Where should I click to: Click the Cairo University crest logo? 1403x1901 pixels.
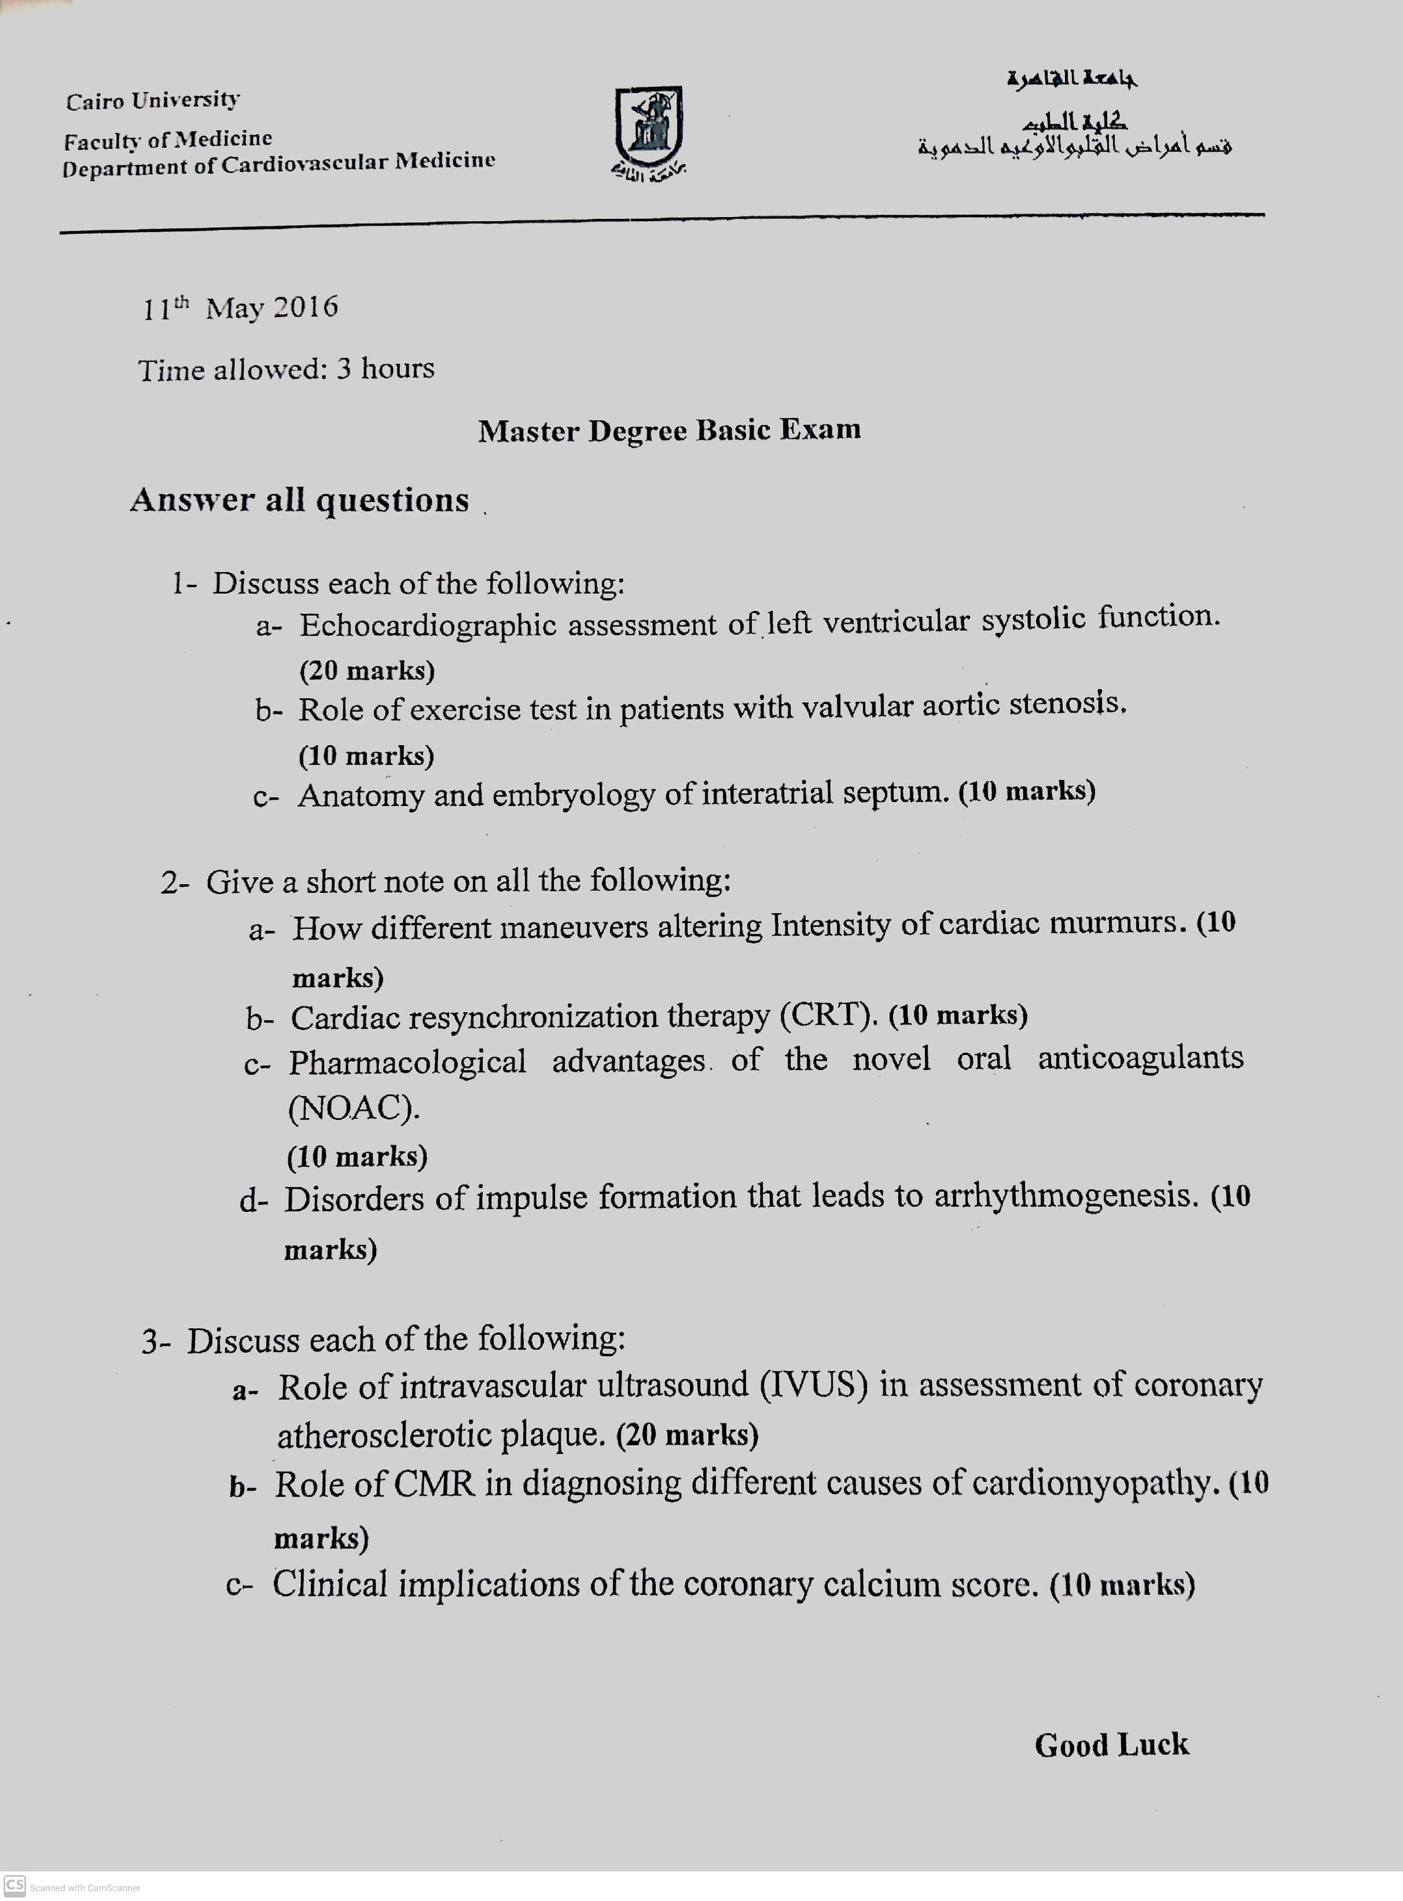pos(649,127)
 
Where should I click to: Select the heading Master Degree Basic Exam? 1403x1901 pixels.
pos(669,430)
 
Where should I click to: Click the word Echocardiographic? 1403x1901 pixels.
pos(428,625)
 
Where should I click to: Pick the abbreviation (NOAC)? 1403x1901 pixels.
pos(353,1108)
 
